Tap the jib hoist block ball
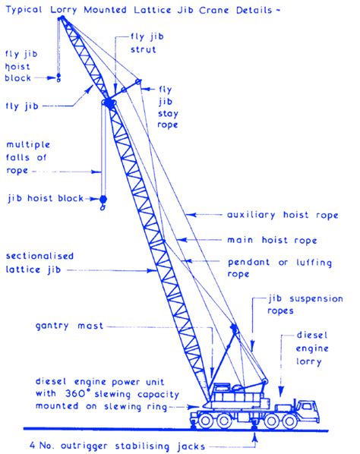(x=103, y=199)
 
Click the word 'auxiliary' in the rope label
(x=251, y=215)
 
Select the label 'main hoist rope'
(x=272, y=240)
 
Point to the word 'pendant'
(x=249, y=263)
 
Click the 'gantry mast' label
(x=69, y=326)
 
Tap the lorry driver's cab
(x=308, y=411)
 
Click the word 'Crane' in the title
(x=213, y=10)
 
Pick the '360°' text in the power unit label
(x=75, y=393)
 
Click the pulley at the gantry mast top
(x=234, y=328)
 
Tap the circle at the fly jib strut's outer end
(x=138, y=82)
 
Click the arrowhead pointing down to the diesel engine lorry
(x=281, y=392)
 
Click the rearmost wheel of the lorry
(x=205, y=421)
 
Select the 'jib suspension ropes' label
(x=305, y=304)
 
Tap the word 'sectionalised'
(x=39, y=256)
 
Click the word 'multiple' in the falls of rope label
(x=28, y=145)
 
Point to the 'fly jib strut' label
(x=147, y=43)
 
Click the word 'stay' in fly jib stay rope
(x=168, y=114)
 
